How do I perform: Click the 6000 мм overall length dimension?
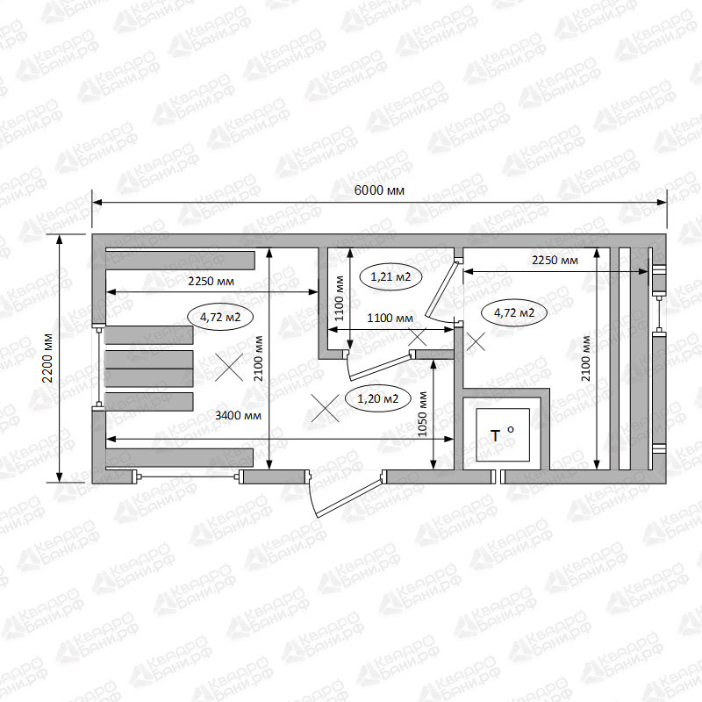379,190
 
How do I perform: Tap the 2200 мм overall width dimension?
47,358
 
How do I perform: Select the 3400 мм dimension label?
238,415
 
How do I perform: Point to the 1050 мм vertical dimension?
422,414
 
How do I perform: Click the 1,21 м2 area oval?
390,276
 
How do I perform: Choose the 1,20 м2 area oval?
378,398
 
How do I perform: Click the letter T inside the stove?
495,435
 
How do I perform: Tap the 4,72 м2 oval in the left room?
220,317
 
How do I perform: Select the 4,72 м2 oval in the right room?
514,312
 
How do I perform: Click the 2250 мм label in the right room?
555,260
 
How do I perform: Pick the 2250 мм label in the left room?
211,281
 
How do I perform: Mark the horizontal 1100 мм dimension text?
390,319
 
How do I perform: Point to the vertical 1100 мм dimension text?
340,298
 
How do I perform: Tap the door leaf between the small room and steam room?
441,290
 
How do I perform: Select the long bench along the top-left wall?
181,261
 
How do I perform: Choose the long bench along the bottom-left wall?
180,457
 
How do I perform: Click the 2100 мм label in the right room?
585,358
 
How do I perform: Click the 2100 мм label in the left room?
258,358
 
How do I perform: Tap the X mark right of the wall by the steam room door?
476,341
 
